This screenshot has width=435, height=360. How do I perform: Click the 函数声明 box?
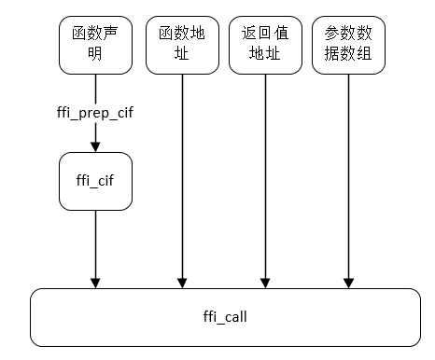tap(94, 45)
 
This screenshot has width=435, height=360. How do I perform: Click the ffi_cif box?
tap(94, 181)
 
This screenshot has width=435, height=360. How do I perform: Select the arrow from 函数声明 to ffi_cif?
tap(94, 135)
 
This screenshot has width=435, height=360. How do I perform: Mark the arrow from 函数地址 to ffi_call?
tap(181, 177)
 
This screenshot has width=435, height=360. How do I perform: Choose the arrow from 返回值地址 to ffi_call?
tap(265, 177)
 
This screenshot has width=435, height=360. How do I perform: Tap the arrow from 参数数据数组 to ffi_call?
tap(348, 177)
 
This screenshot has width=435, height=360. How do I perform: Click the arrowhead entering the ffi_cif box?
tap(94, 147)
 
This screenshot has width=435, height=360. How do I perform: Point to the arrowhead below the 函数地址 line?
tap(181, 282)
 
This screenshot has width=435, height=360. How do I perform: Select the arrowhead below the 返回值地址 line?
tap(265, 282)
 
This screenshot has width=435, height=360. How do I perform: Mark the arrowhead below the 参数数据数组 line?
tap(348, 282)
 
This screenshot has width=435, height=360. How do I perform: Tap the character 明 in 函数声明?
tap(94, 54)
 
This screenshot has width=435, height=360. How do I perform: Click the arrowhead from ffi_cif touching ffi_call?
tap(94, 282)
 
